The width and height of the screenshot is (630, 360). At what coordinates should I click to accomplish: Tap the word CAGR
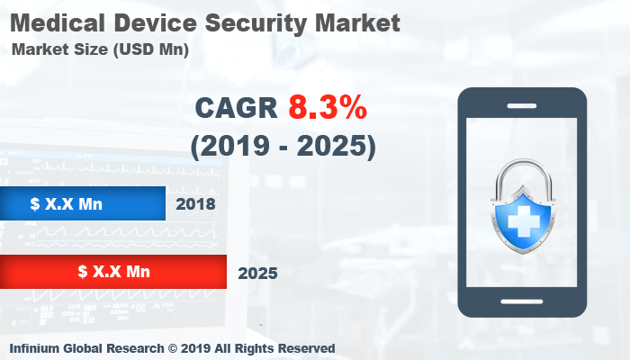pyautogui.click(x=236, y=108)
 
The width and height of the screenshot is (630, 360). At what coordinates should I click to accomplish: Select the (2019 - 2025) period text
pyautogui.click(x=282, y=146)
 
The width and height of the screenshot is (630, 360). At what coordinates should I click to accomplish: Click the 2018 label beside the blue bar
pyautogui.click(x=196, y=204)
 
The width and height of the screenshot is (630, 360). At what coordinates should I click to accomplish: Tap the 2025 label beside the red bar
pyautogui.click(x=257, y=272)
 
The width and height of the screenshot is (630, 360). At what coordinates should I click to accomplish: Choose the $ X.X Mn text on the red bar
pyautogui.click(x=113, y=271)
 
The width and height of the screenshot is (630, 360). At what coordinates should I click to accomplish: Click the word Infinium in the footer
pyautogui.click(x=38, y=348)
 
